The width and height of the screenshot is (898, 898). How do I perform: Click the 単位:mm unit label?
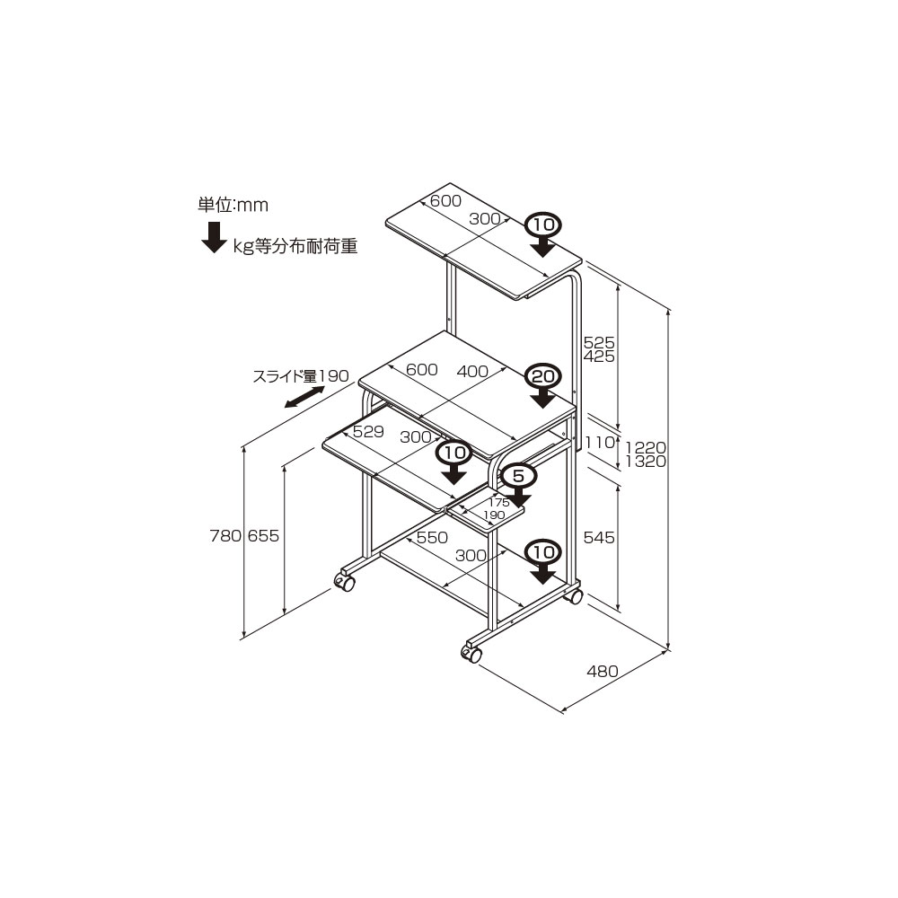(233, 205)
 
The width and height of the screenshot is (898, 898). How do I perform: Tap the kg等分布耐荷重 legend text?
(295, 246)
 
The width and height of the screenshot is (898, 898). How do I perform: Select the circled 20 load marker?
(543, 376)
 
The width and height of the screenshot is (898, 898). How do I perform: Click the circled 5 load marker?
(518, 476)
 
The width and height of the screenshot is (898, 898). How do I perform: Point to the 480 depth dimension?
(603, 671)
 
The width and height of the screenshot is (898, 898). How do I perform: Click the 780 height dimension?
(225, 536)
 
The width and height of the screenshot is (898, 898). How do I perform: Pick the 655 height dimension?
(263, 536)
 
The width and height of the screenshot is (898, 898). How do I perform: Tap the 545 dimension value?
(599, 537)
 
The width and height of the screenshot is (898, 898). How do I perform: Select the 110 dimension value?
(600, 442)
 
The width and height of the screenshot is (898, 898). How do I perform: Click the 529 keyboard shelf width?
(368, 431)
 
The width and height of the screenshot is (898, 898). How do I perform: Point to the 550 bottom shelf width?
(432, 538)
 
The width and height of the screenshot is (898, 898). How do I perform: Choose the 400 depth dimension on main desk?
(472, 371)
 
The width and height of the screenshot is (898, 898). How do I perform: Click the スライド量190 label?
(301, 376)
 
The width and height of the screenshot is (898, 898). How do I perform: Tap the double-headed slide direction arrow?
(304, 398)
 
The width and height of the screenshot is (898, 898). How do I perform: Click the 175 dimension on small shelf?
(498, 503)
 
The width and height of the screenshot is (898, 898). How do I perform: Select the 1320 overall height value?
(646, 462)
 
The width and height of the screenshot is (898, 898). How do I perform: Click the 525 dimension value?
(599, 342)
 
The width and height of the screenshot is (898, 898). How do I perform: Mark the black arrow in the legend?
(215, 237)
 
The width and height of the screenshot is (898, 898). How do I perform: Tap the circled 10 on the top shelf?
(543, 224)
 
